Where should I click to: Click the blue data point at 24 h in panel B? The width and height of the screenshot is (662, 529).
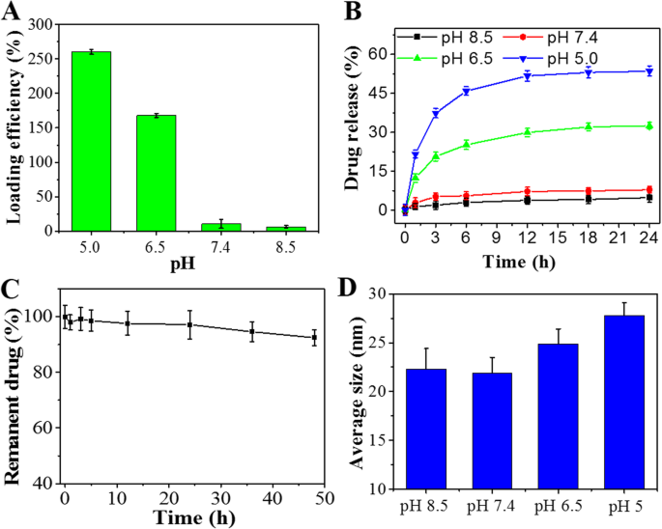pyautogui.click(x=648, y=70)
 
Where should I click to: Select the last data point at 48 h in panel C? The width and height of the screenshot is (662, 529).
pyautogui.click(x=315, y=338)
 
